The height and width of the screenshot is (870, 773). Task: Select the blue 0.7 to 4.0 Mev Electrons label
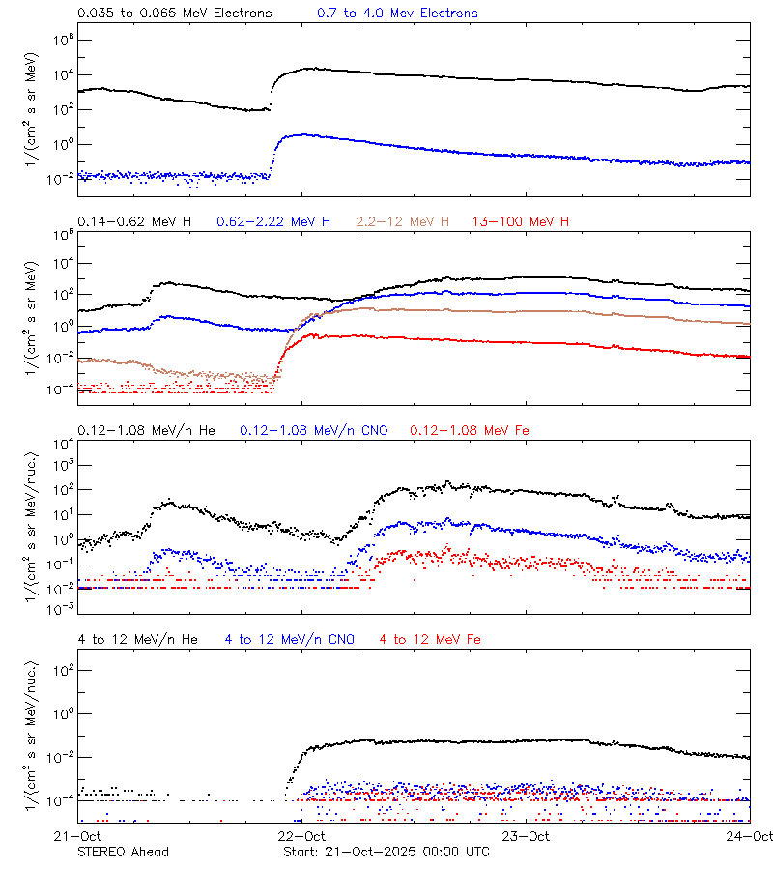tap(397, 14)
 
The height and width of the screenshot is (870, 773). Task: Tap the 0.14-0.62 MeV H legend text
tap(134, 222)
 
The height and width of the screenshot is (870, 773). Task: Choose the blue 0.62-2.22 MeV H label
tap(273, 222)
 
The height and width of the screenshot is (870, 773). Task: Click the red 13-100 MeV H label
tap(520, 222)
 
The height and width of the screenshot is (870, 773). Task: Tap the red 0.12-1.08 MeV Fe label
tap(470, 430)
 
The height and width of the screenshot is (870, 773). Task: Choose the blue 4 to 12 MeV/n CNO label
tap(289, 639)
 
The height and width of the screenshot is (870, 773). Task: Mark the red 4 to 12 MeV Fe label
tap(430, 639)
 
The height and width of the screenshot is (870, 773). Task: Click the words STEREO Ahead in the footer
tap(123, 852)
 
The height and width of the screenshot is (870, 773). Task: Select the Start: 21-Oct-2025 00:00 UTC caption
tap(386, 852)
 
